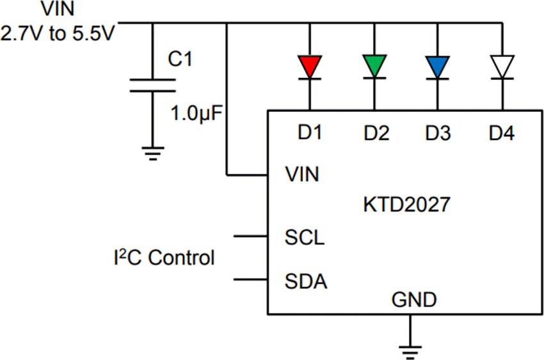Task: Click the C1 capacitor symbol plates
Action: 152,86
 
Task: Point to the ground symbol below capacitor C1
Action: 152,153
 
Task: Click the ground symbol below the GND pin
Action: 407,348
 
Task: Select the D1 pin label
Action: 310,133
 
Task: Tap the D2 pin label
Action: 376,133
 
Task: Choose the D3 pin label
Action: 438,133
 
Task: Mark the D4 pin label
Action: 502,133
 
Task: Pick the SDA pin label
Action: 305,281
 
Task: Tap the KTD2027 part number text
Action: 406,205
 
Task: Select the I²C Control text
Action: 161,258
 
